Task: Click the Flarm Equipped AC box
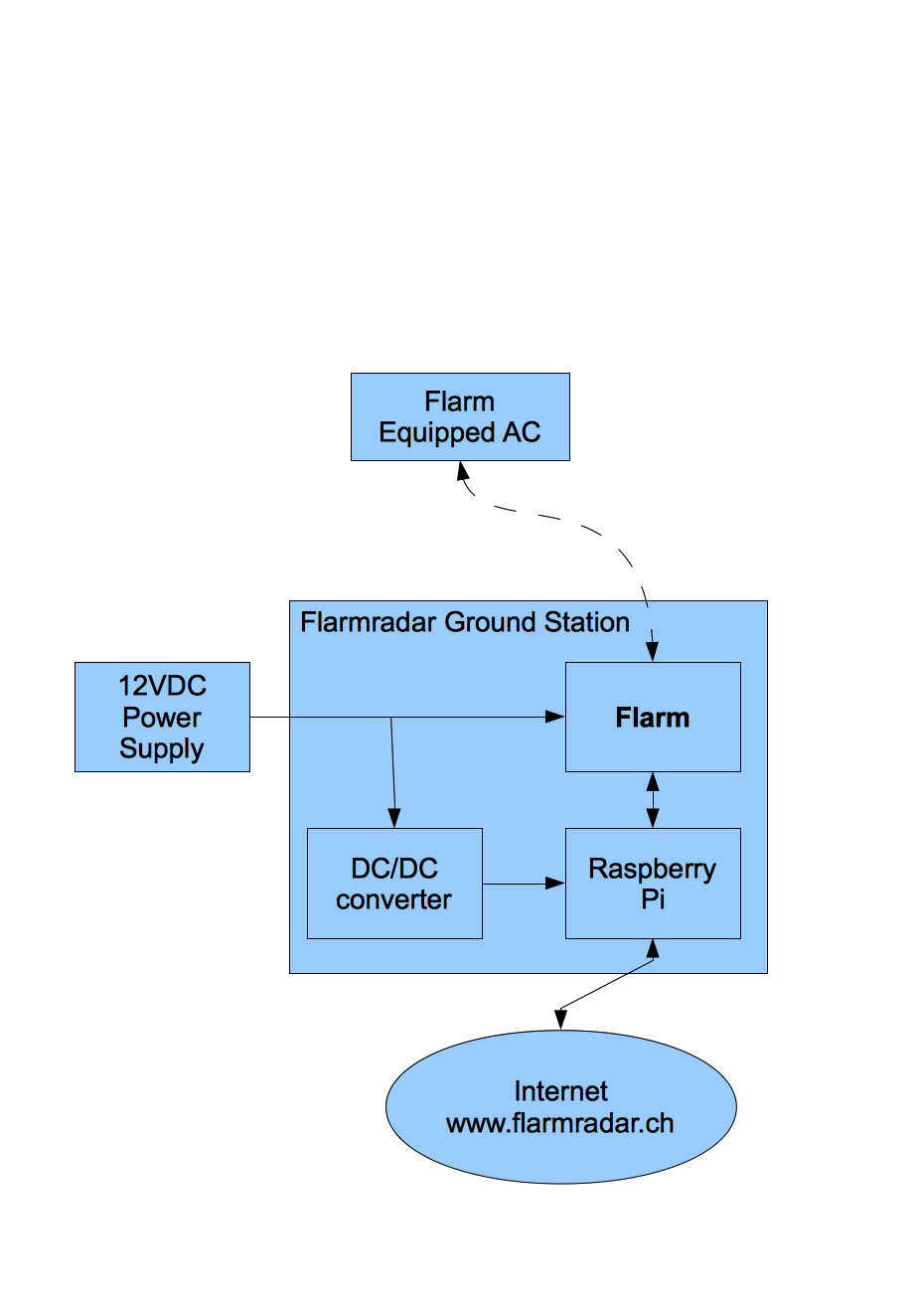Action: tap(460, 416)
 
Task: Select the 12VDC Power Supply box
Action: tap(162, 717)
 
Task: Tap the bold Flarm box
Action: tap(653, 717)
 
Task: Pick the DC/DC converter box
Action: tap(394, 883)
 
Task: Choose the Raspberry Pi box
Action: tap(653, 883)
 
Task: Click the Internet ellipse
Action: tap(560, 1107)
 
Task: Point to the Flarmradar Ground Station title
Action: tap(464, 622)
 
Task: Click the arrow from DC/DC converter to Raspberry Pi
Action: tap(524, 884)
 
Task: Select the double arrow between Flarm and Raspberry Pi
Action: tap(653, 800)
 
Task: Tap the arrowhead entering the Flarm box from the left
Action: tap(555, 717)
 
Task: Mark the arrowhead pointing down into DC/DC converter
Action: tap(394, 818)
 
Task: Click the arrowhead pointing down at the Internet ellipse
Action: tap(560, 1020)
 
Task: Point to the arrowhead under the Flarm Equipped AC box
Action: tap(463, 471)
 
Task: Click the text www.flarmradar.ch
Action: tap(559, 1123)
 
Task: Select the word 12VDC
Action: tap(162, 686)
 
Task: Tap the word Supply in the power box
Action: tap(162, 749)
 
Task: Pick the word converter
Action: tap(393, 899)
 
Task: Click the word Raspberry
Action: tap(652, 870)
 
